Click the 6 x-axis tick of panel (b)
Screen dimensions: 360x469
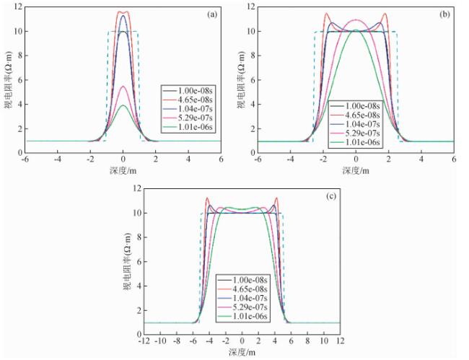pyautogui.click(x=453, y=159)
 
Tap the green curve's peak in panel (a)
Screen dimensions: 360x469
pyautogui.click(x=123, y=105)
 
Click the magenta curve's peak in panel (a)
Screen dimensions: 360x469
pyautogui.click(x=123, y=87)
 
